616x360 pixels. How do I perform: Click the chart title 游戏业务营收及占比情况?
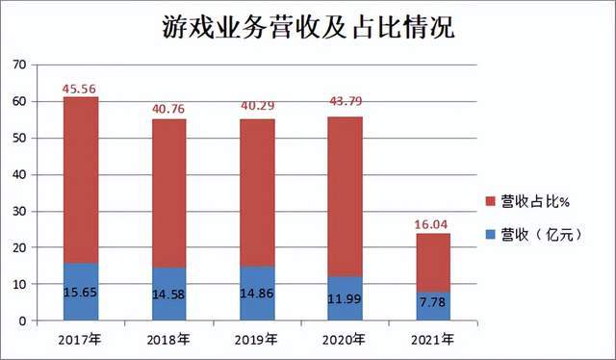pyautogui.click(x=307, y=27)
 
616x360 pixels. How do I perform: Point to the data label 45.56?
pyautogui.click(x=80, y=89)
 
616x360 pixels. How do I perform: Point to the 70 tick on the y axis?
pyautogui.click(x=19, y=65)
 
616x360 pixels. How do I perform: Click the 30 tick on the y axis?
pyautogui.click(x=19, y=212)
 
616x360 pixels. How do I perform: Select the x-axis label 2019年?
pyautogui.click(x=258, y=340)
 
